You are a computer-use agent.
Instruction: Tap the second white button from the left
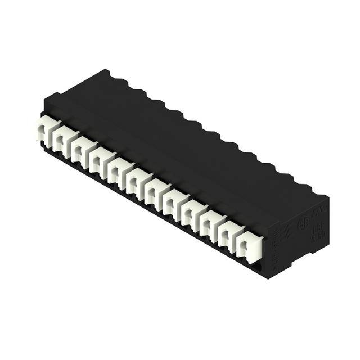point(64,140)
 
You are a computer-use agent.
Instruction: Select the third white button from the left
point(82,149)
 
